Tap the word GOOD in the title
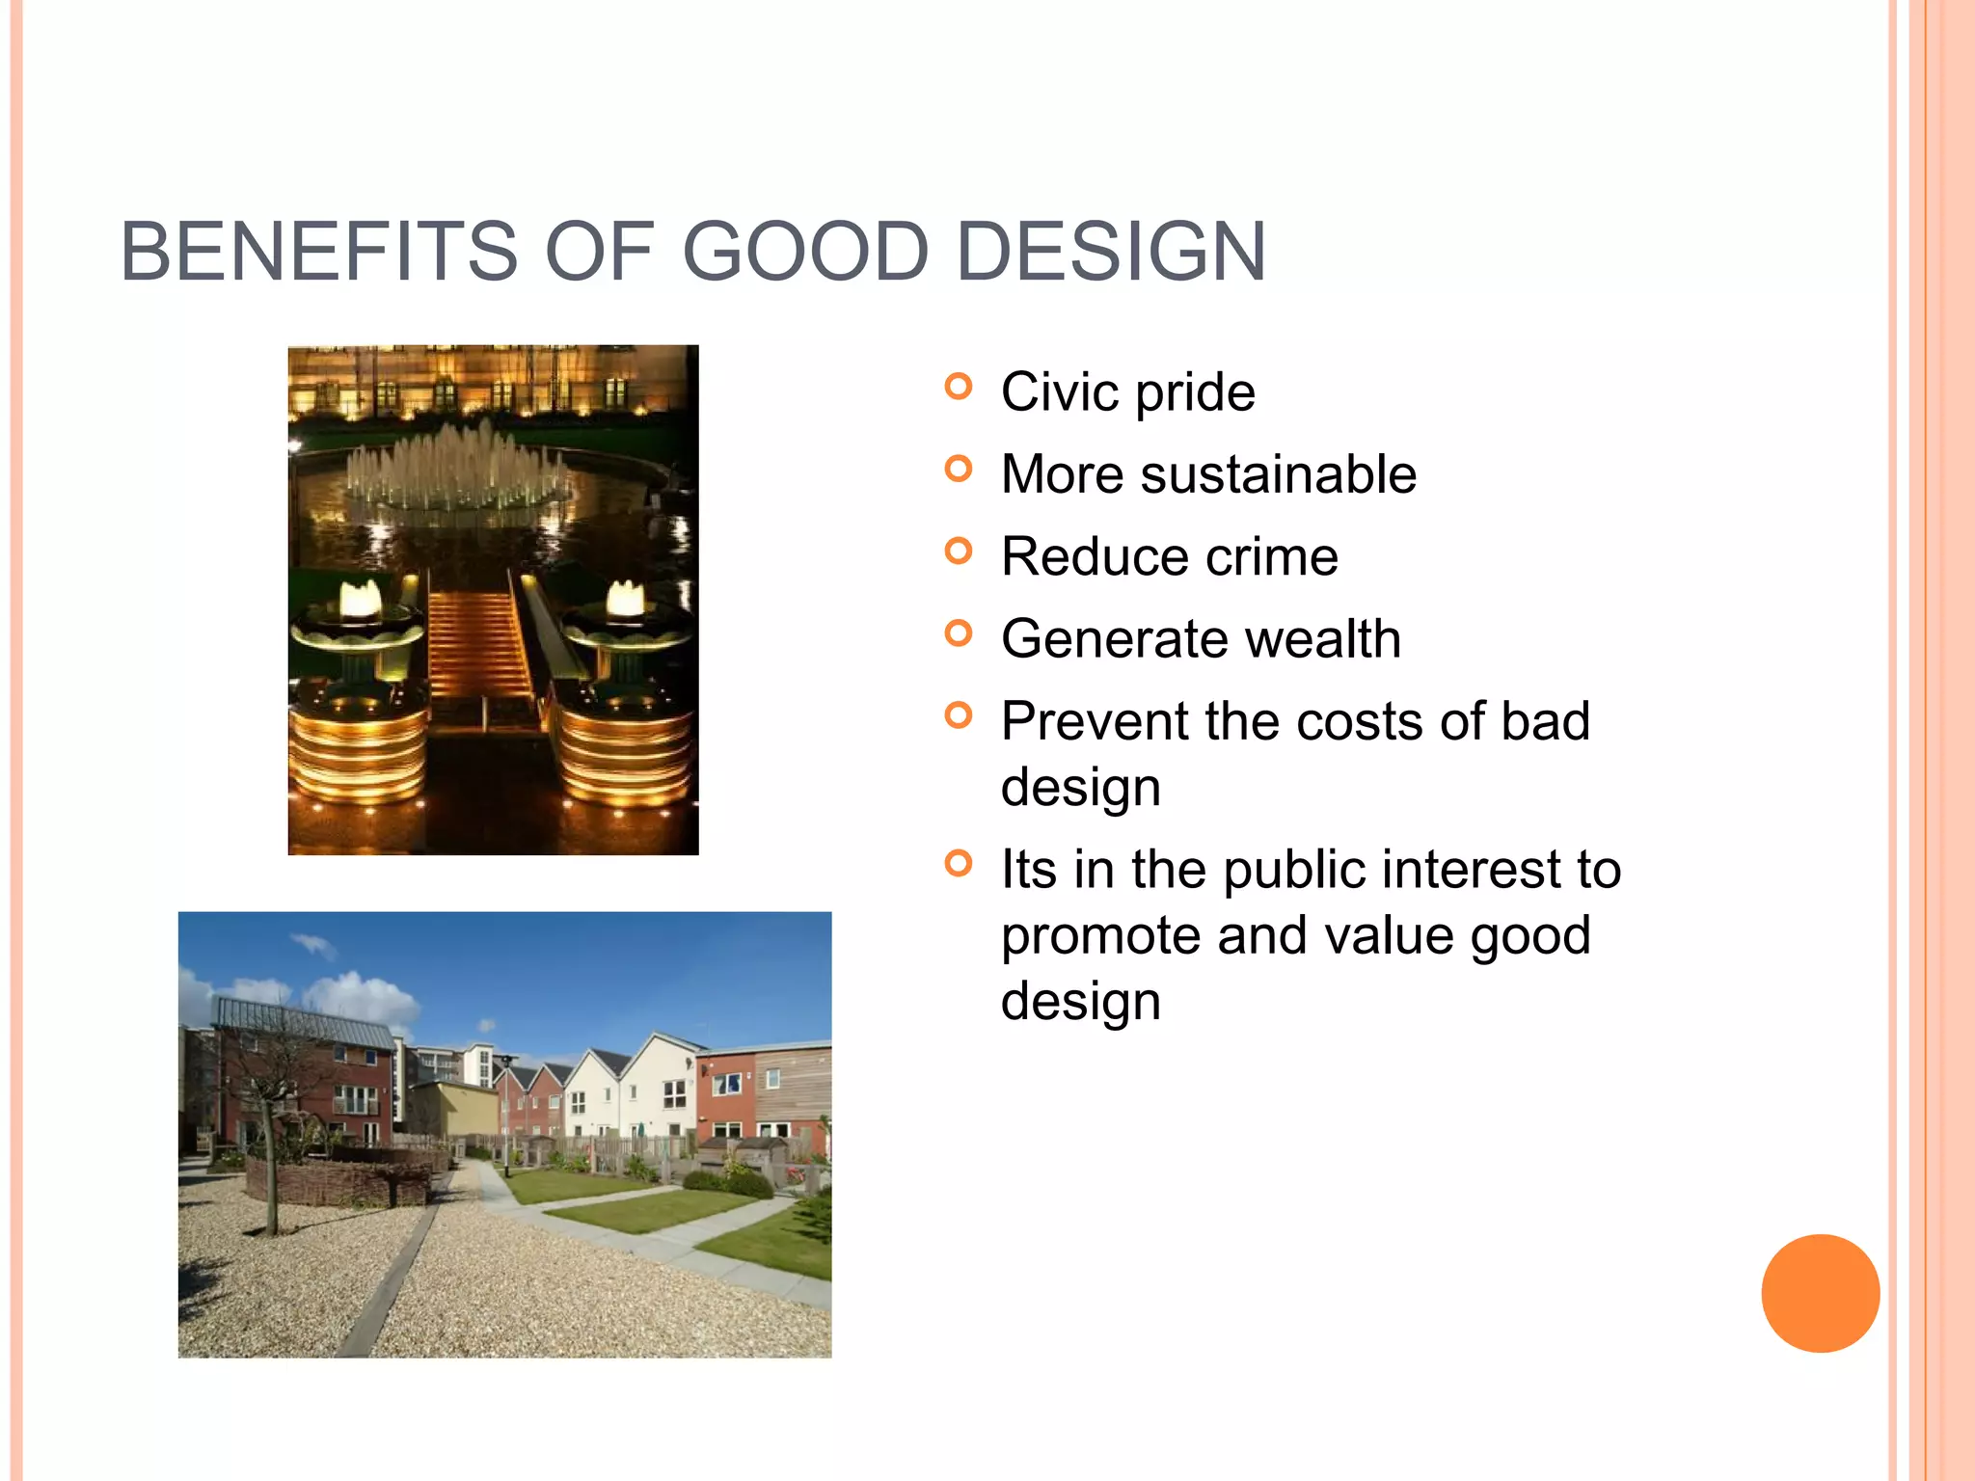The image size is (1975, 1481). pyautogui.click(x=805, y=253)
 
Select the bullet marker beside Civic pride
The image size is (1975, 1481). pyautogui.click(x=958, y=388)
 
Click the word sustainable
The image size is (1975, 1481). pyautogui.click(x=1278, y=474)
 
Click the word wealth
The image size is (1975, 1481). pyautogui.click(x=1314, y=639)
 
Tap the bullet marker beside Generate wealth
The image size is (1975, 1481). pyautogui.click(x=958, y=634)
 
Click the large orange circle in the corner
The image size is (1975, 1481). pyautogui.click(x=1820, y=1293)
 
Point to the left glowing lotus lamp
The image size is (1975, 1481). pyautogui.click(x=360, y=602)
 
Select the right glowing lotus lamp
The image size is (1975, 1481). pyautogui.click(x=624, y=602)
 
